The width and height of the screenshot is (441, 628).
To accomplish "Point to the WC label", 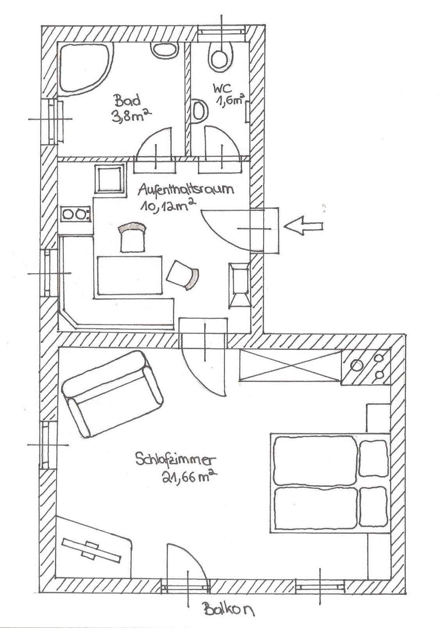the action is [x=223, y=89].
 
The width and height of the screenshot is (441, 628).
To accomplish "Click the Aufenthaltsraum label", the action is [x=186, y=189].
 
